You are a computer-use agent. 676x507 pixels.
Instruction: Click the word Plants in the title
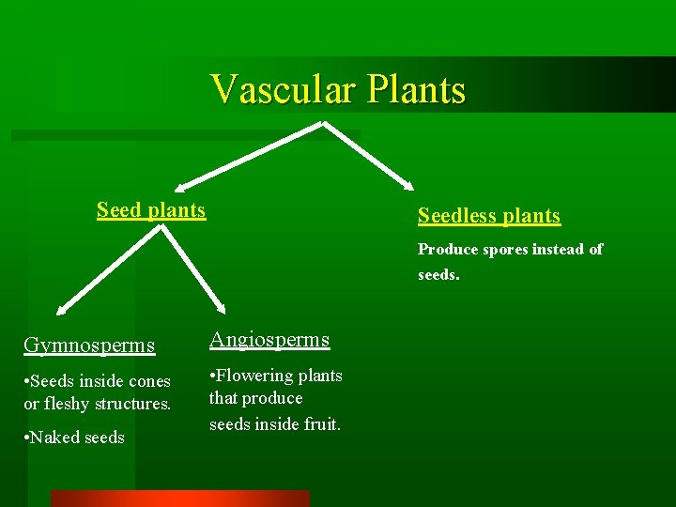tap(416, 90)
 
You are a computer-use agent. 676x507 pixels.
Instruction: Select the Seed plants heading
tap(151, 209)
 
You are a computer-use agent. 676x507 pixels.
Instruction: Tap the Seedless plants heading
tap(488, 216)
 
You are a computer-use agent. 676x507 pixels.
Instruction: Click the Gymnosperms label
tap(88, 345)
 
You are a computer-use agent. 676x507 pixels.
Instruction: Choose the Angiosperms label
tap(269, 340)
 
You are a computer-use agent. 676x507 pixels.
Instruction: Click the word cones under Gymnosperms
tap(149, 381)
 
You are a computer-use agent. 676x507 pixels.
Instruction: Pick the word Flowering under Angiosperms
tap(253, 376)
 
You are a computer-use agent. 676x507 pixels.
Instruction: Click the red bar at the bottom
tap(179, 499)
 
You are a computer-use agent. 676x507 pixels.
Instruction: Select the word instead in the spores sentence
tap(560, 250)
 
